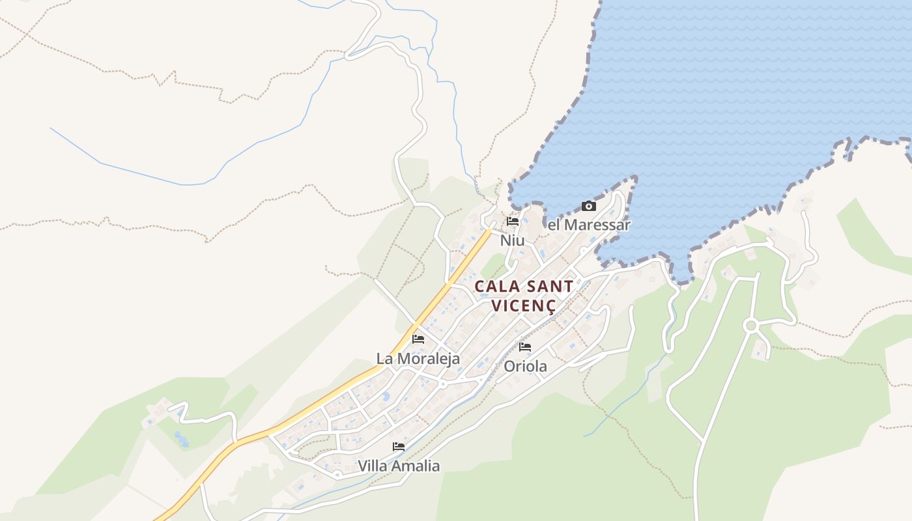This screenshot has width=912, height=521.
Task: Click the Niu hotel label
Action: pyautogui.click(x=512, y=241)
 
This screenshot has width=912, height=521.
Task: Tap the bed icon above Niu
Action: pyautogui.click(x=513, y=221)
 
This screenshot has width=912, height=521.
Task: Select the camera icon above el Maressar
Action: pyautogui.click(x=589, y=206)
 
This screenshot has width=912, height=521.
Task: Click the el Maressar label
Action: pyautogui.click(x=589, y=225)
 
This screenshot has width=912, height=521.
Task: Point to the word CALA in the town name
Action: pyautogui.click(x=497, y=287)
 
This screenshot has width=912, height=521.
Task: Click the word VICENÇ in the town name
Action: pyautogui.click(x=523, y=306)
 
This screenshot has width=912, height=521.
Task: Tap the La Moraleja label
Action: pyautogui.click(x=418, y=359)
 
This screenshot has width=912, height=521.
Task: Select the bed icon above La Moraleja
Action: pyautogui.click(x=418, y=339)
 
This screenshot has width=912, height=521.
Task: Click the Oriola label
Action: pyautogui.click(x=525, y=367)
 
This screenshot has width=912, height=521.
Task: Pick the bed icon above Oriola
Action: pyautogui.click(x=525, y=347)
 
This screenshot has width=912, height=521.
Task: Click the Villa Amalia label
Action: pyautogui.click(x=399, y=466)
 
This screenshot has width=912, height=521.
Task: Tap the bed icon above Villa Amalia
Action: pyautogui.click(x=399, y=447)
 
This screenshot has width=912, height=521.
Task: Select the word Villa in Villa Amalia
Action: pyautogui.click(x=373, y=466)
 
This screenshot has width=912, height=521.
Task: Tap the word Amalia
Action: pyautogui.click(x=415, y=466)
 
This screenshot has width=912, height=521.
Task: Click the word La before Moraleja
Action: pyautogui.click(x=384, y=359)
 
